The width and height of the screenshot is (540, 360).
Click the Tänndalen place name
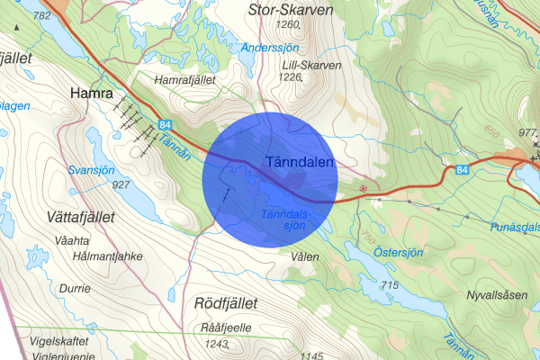coord(301,162)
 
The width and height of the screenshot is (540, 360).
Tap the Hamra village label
coord(91,93)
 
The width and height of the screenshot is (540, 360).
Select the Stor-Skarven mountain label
coord(290,10)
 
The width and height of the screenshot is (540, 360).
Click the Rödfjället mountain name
coord(226,303)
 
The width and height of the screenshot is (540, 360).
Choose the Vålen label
coord(305,256)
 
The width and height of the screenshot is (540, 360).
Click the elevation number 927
coord(121,184)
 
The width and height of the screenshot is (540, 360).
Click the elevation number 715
coord(389,285)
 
